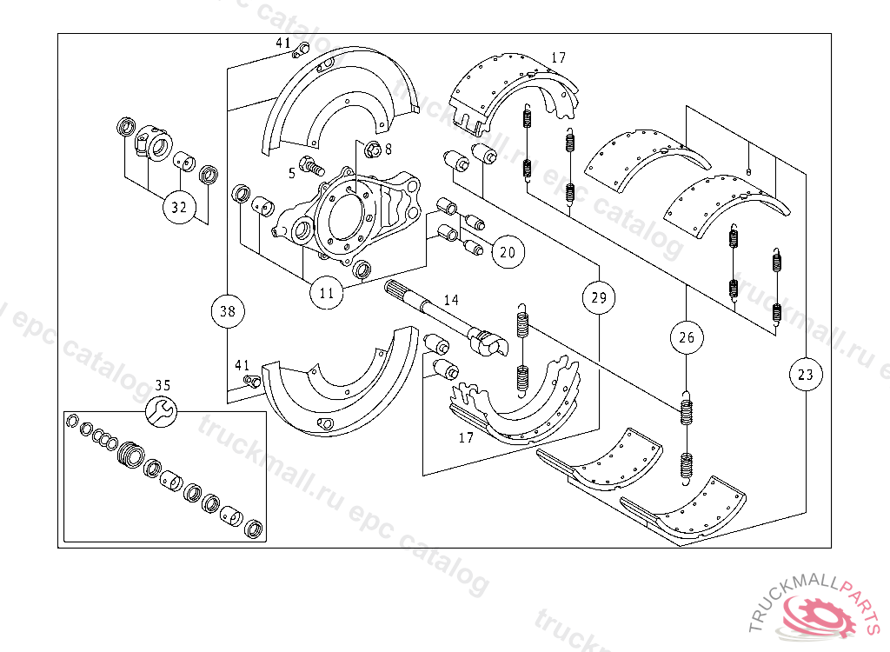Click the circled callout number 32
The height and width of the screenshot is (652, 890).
179,207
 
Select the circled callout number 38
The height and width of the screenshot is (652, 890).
228,311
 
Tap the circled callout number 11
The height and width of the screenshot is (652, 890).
327,293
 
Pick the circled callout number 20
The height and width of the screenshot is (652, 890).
508,252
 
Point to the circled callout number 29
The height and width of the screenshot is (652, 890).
599,297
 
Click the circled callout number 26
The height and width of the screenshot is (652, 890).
687,337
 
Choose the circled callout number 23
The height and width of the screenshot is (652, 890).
806,375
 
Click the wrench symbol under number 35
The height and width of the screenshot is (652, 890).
161,411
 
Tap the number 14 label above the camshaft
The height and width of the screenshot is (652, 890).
451,300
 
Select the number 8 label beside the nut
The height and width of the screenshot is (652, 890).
389,150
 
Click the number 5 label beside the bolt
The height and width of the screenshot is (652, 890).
292,173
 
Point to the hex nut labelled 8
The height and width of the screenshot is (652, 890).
372,150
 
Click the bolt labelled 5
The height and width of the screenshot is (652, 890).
311,165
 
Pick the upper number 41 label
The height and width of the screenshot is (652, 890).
283,43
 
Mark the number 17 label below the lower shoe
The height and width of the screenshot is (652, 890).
466,437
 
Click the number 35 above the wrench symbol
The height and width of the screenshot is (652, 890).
163,386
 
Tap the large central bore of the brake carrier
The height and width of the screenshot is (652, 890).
345,216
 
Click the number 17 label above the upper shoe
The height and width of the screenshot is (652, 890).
559,57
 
